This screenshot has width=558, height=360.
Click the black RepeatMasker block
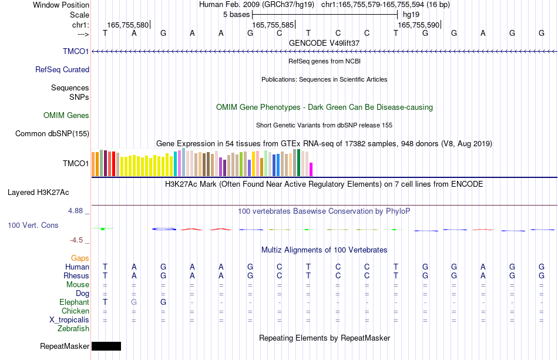coord(106,346)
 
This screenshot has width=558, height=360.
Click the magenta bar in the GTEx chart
coord(311,169)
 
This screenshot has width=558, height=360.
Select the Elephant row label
coord(75,302)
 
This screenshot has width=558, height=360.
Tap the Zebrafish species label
coord(73,328)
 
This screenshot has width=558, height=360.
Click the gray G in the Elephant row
coord(134,302)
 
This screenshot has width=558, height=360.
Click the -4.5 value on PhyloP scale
coord(76,240)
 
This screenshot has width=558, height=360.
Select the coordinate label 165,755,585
coord(273,25)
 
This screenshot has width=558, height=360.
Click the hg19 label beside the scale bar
coord(411,15)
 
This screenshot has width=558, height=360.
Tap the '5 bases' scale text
coord(236,15)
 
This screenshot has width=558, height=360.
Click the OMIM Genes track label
coord(66,115)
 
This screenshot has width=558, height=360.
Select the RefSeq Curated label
coord(62,69)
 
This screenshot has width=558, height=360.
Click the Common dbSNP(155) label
coord(52,133)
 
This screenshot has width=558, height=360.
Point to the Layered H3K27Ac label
coord(38,193)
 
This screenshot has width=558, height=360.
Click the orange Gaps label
coord(80,258)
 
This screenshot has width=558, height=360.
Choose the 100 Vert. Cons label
coord(33,225)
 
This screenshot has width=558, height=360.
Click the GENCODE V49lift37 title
coord(324,43)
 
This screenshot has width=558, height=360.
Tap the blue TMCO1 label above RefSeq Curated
coord(76,51)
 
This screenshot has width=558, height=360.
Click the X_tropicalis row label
coord(69,319)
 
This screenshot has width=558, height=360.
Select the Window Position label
coord(61,5)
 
